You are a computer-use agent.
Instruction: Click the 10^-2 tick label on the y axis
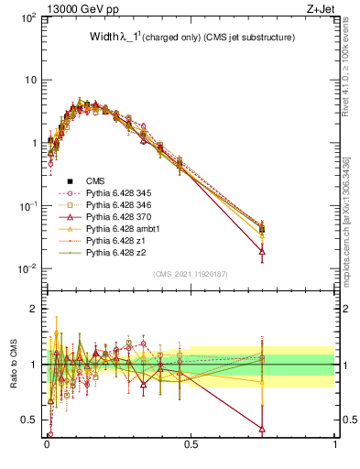click(25, 268)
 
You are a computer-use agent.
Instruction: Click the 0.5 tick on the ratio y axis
click(29, 420)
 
